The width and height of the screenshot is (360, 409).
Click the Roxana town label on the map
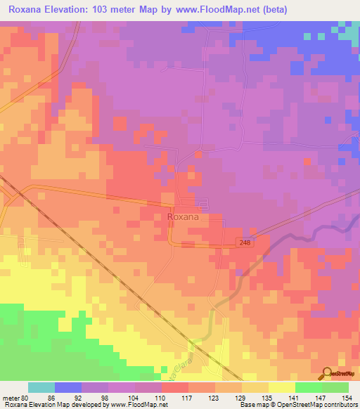(184, 218)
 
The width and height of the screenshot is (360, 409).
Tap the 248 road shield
(243, 242)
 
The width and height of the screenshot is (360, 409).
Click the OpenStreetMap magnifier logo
(327, 373)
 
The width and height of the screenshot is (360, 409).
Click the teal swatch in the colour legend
(41, 387)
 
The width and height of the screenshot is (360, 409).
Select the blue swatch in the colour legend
(68, 387)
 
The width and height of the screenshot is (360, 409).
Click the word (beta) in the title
(273, 11)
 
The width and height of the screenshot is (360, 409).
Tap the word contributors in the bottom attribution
(339, 405)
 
